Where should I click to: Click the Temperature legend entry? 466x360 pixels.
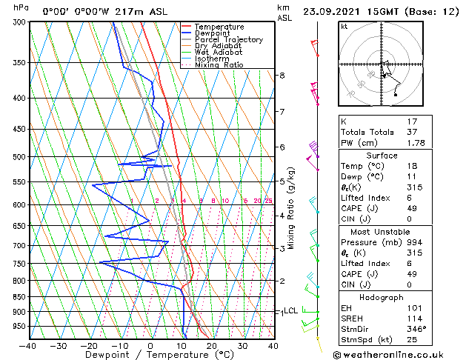[x=219, y=27]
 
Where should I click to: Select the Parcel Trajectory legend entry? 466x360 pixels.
[x=228, y=39]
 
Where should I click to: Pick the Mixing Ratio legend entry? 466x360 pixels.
[x=219, y=65]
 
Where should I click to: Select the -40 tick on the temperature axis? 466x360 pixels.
[x=28, y=345]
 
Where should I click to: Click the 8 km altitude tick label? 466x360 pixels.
[x=282, y=76]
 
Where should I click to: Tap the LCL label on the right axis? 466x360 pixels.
[x=291, y=311]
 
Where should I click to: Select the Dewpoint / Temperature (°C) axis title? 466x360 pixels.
[x=150, y=355]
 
